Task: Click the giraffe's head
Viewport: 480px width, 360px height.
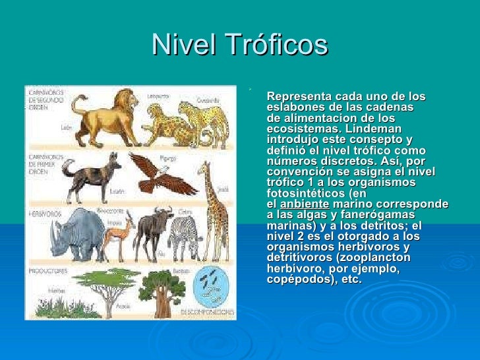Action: [x=206, y=170]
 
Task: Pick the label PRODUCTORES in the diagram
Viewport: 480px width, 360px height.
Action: [x=47, y=271]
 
